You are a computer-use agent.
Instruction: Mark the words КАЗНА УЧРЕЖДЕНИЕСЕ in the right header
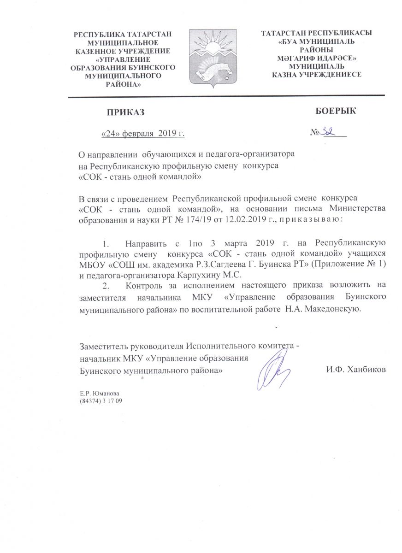pos(316,74)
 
